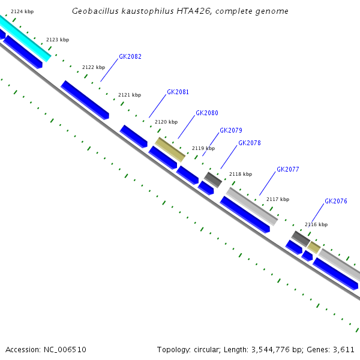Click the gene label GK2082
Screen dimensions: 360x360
[x=130, y=56]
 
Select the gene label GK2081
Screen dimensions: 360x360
[x=178, y=92]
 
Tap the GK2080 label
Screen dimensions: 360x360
[x=207, y=113]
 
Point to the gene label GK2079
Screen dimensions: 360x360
[x=231, y=130]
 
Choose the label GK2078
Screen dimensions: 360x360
[x=250, y=143]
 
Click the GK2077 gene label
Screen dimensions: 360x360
[x=287, y=169]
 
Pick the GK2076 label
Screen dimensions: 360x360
[x=336, y=201]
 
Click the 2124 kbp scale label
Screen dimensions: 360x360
[x=22, y=11]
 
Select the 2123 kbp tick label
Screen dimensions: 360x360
[x=58, y=40]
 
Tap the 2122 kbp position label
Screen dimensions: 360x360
[x=94, y=67]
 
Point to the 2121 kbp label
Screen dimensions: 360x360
[x=130, y=95]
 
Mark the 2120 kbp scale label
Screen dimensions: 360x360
[x=166, y=122]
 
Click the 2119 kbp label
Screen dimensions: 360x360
[x=203, y=148]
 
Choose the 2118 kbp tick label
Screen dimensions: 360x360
[x=241, y=174]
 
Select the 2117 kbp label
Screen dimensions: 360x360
[x=278, y=199]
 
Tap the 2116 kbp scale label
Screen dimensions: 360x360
[x=316, y=224]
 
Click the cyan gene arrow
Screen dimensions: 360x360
[x=27, y=39]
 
